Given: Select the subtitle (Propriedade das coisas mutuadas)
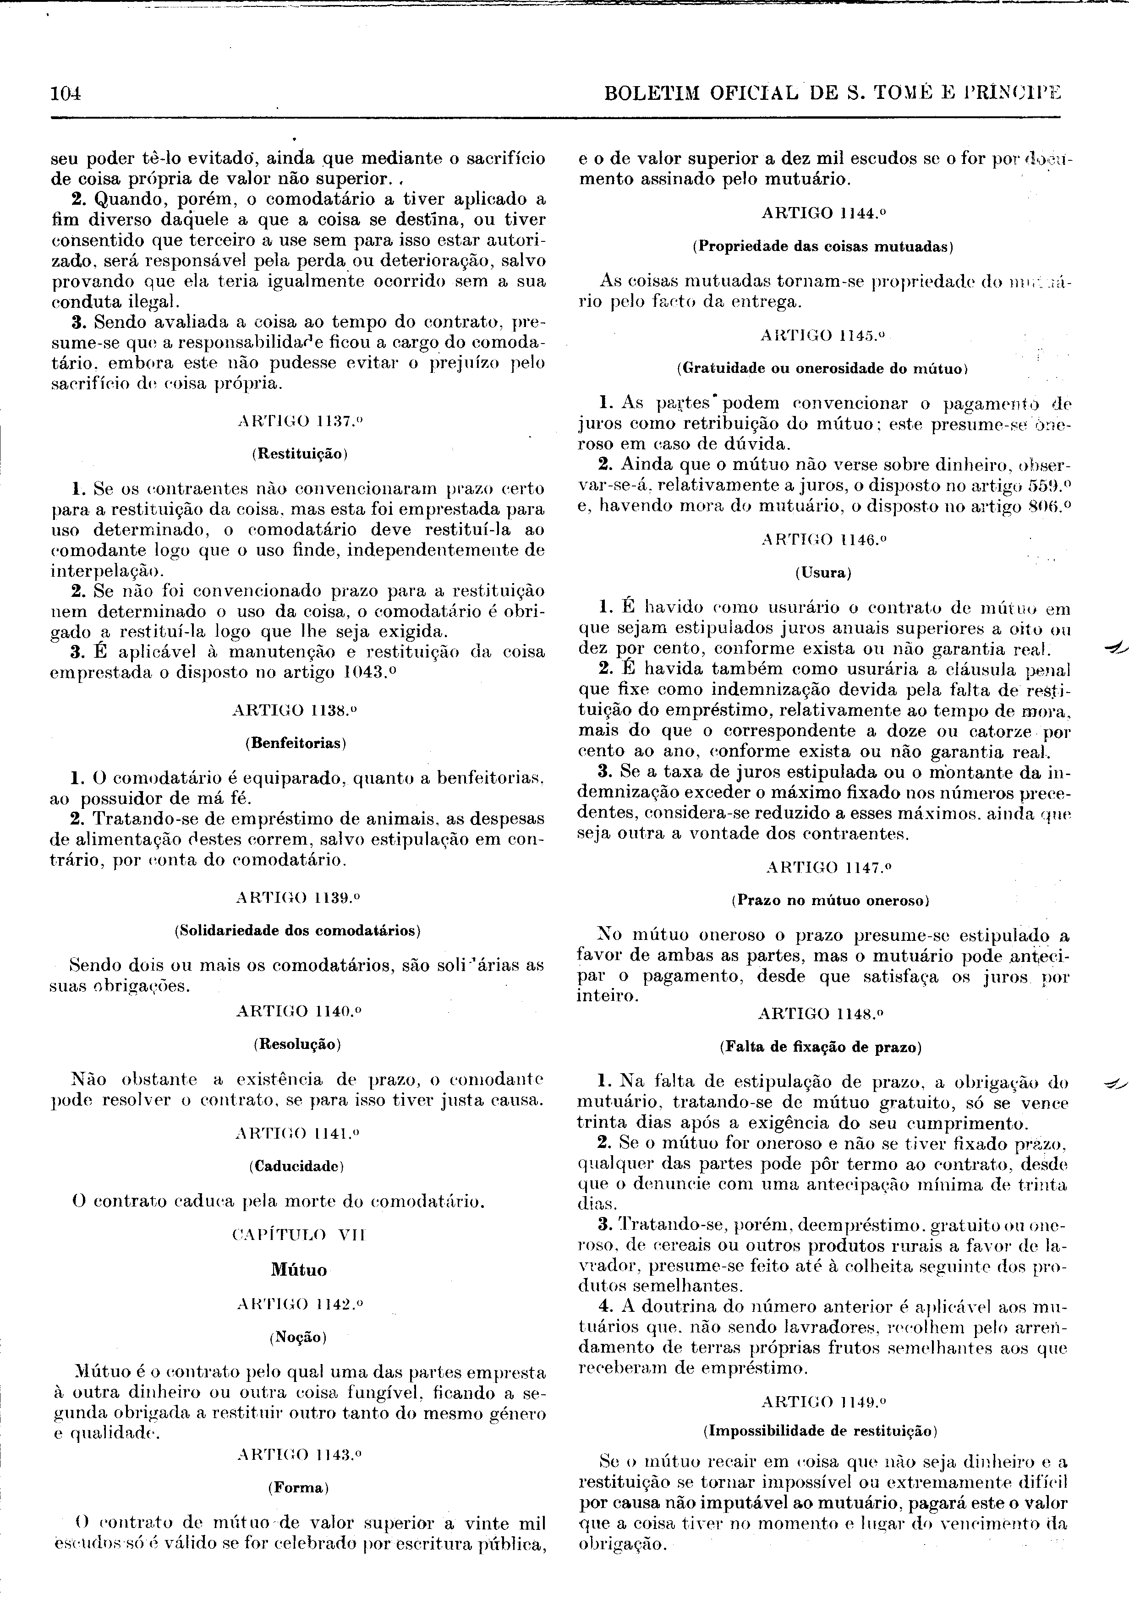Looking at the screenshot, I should point(823,247).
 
